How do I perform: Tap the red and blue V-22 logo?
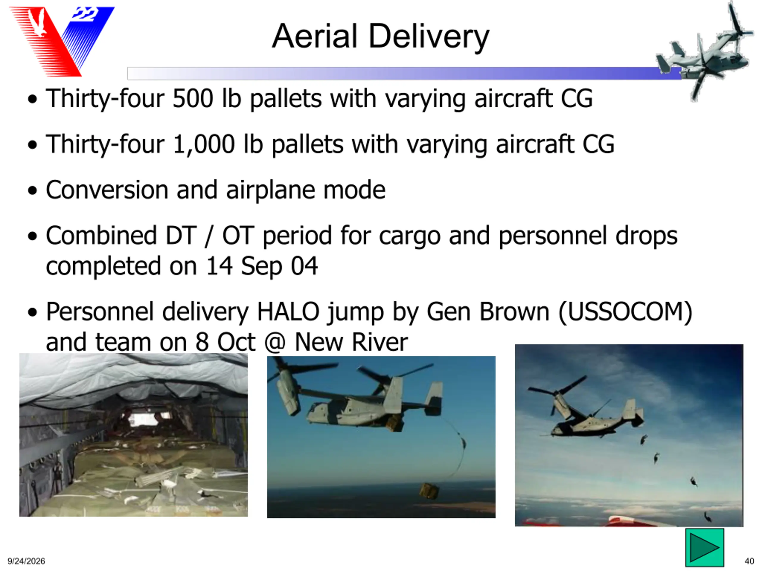62,41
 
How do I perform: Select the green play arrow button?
705,547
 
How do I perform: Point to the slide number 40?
749,561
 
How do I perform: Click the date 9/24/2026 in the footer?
26,561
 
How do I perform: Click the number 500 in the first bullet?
193,99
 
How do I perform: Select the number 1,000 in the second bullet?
204,145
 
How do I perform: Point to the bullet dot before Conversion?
32,190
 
